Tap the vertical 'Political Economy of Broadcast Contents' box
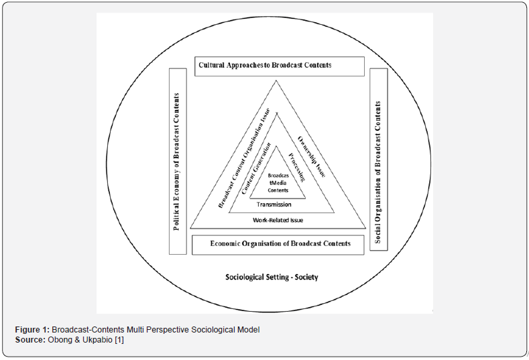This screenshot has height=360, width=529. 177,161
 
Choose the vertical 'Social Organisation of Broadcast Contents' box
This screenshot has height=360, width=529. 379,161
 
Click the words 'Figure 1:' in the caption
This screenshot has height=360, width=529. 33,329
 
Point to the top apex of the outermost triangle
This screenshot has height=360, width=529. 275,81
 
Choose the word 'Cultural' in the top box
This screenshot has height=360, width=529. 215,66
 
